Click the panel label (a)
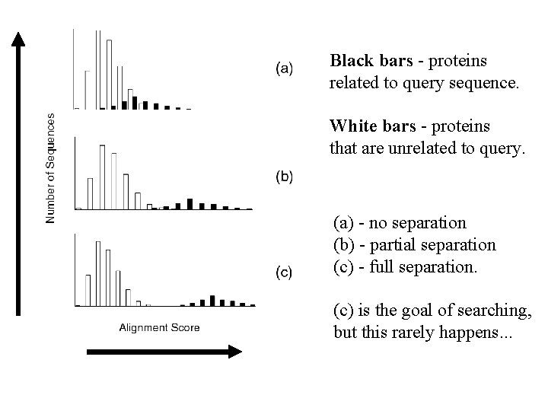(x=282, y=68)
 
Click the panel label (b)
(x=282, y=177)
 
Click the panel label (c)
(x=282, y=271)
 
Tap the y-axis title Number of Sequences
(x=51, y=168)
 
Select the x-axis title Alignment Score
(x=160, y=327)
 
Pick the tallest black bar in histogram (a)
(x=135, y=102)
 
